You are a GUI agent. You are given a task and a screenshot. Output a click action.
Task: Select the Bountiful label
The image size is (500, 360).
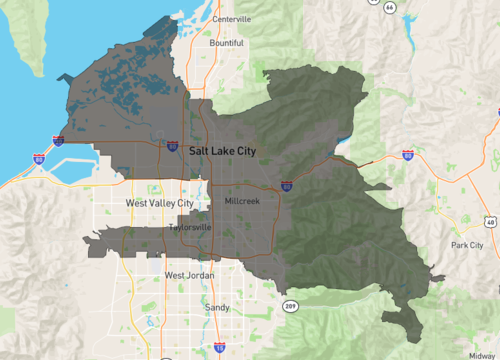pos(226,43)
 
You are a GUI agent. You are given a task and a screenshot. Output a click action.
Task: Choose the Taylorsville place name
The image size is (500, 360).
pos(190,227)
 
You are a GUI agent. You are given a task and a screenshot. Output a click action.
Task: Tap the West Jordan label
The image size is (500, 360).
pos(187,275)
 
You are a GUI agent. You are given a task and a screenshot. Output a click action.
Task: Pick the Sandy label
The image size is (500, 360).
pos(216,308)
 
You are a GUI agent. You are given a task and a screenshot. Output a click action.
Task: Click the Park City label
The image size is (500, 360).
pos(467,245)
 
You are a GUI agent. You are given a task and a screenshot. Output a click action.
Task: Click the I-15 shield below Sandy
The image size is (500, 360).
pos(218,348)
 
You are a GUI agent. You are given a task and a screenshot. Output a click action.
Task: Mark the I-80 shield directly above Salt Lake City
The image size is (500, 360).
pos(173,145)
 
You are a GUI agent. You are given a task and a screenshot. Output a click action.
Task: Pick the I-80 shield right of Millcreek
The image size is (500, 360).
pos(287,186)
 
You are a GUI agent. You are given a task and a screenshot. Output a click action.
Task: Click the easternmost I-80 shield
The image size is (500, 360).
pos(408,156)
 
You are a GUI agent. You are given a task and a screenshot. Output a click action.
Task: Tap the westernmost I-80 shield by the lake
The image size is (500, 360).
pos(39,158)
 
